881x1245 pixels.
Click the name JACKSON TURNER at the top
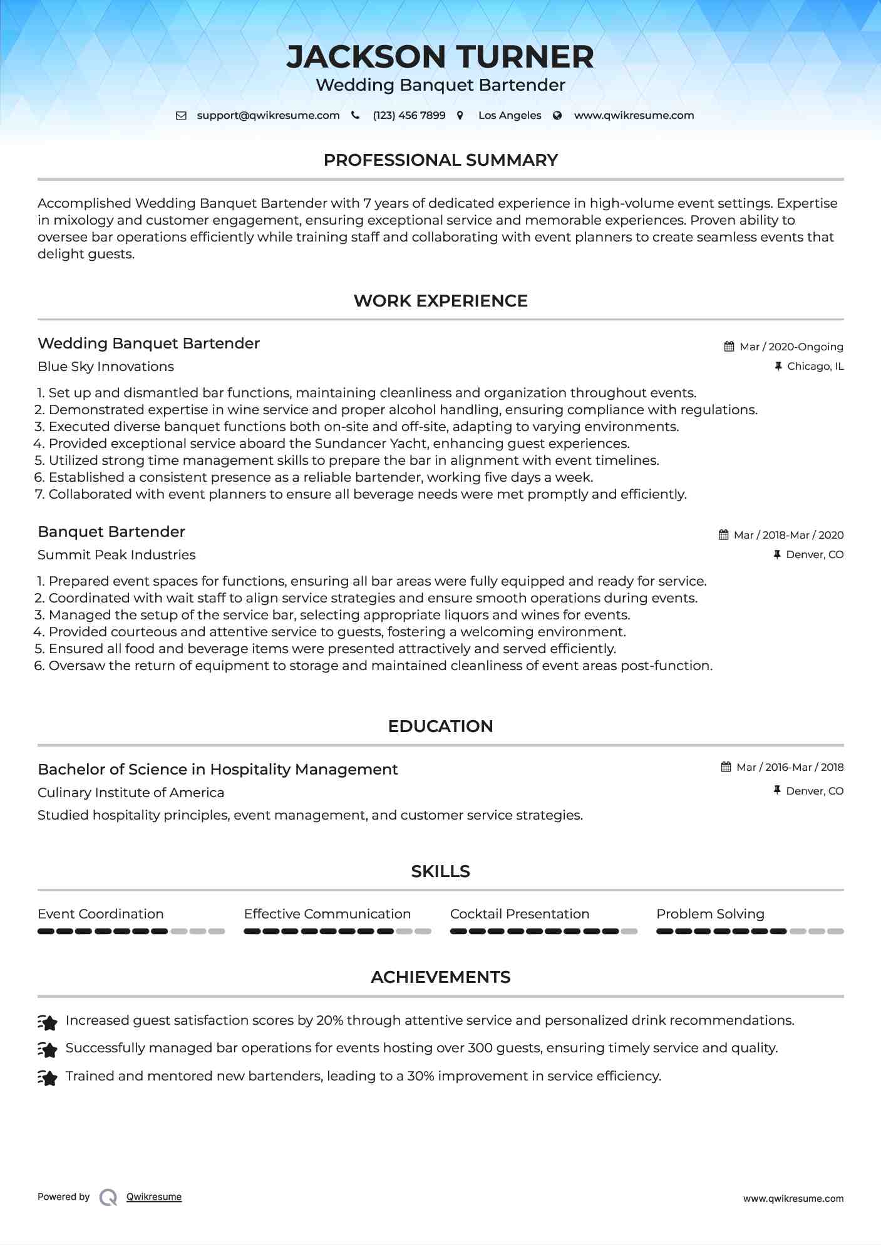[x=440, y=57]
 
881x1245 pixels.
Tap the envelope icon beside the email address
[x=181, y=116]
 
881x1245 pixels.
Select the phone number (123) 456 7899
[x=409, y=116]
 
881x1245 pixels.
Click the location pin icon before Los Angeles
[x=460, y=116]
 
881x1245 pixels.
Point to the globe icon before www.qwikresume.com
[x=557, y=116]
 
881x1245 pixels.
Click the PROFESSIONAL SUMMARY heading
[x=440, y=160]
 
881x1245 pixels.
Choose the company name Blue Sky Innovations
[x=106, y=367]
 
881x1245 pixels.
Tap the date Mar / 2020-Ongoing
[x=791, y=347]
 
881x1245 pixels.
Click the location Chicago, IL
[x=815, y=367]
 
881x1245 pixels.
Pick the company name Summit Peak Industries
[x=116, y=555]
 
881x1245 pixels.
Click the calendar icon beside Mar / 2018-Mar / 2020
[x=723, y=535]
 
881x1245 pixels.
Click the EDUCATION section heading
[x=440, y=726]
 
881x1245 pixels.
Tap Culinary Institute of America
[x=131, y=793]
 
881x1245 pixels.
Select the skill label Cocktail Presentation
[x=519, y=914]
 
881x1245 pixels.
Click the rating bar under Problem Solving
[x=750, y=932]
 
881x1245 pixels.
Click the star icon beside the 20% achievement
[x=48, y=1022]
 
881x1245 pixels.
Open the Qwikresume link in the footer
[x=154, y=1197]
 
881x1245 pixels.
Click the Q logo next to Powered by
[x=108, y=1197]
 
